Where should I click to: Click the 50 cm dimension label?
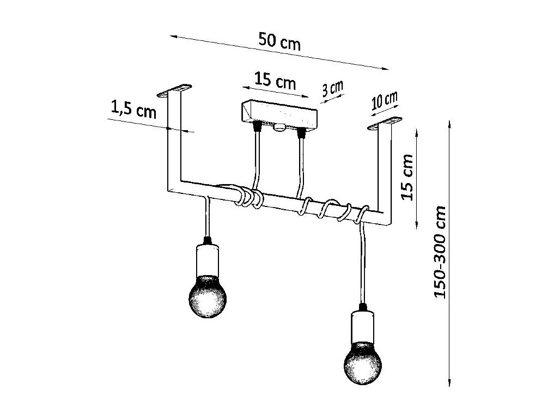pos(279,41)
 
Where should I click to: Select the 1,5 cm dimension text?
pos(133,111)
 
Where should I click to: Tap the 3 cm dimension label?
pos(332,88)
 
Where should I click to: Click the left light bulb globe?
pos(207,297)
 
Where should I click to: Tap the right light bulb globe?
pos(363,362)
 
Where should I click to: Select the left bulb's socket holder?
pos(207,258)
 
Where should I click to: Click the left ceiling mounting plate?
pos(175,90)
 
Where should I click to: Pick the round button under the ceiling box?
pos(279,129)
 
